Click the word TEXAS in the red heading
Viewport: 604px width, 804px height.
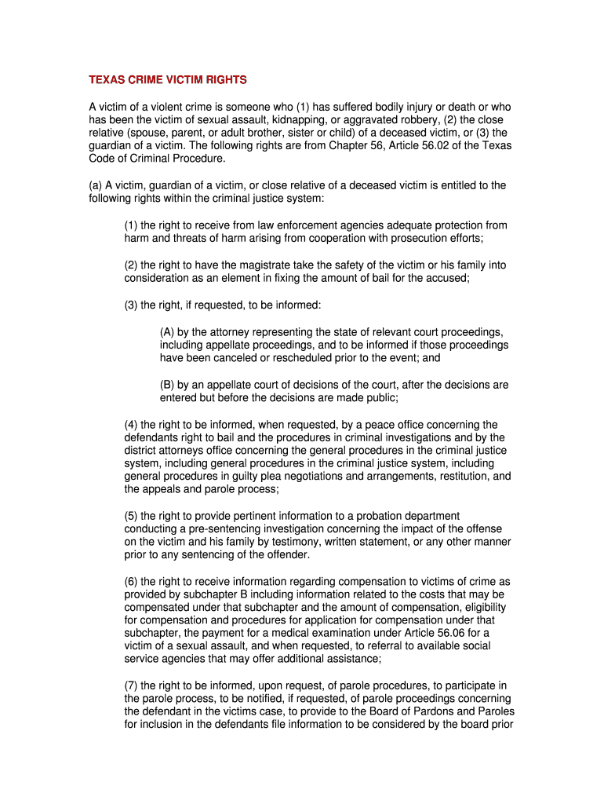(x=105, y=80)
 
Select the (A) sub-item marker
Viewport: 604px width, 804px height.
(x=169, y=332)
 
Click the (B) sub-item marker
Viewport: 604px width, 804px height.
(x=169, y=385)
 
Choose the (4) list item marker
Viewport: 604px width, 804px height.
(x=132, y=425)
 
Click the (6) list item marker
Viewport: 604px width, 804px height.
(x=132, y=582)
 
